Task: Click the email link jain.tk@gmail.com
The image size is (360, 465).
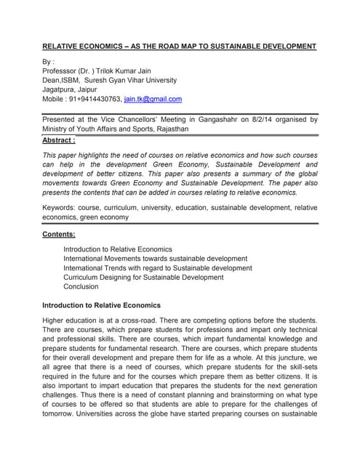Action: pyautogui.click(x=153, y=99)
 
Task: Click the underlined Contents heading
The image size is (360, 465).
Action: pyautogui.click(x=61, y=235)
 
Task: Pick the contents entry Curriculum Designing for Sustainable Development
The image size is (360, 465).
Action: pyautogui.click(x=143, y=277)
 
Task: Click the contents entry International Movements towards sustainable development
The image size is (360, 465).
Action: pyautogui.click(x=155, y=258)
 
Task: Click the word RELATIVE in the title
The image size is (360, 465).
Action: pyautogui.click(x=63, y=46)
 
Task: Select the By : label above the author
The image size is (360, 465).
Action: pyautogui.click(x=49, y=61)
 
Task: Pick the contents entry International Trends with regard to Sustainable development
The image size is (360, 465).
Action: pyautogui.click(x=158, y=267)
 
